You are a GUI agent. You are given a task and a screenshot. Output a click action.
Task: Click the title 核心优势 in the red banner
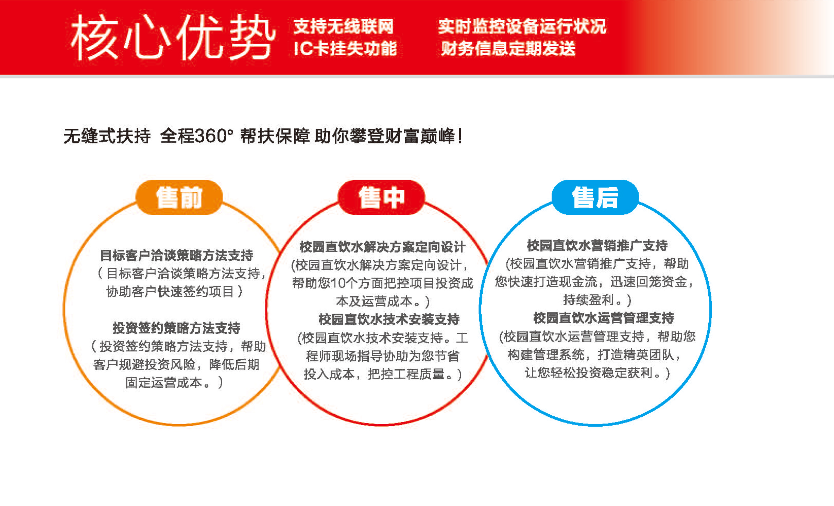click(173, 37)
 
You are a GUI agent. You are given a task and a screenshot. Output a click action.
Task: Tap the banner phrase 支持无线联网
click(343, 26)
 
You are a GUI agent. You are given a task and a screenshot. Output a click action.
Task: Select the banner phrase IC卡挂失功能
click(345, 48)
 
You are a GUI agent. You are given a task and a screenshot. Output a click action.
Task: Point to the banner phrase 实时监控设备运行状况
click(522, 26)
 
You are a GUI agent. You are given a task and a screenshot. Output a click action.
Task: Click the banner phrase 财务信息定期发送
click(508, 48)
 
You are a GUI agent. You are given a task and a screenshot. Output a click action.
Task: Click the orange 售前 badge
click(179, 198)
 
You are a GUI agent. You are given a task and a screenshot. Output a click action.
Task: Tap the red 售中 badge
click(381, 198)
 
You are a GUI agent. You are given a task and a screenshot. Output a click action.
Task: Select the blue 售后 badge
click(595, 198)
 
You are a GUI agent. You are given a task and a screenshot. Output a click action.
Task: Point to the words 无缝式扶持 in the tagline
click(107, 136)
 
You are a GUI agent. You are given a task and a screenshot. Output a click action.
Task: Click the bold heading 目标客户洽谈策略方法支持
click(176, 255)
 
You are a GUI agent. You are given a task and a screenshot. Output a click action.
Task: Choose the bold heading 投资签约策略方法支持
click(176, 328)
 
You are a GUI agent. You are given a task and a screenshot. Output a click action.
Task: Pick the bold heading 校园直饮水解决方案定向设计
click(382, 247)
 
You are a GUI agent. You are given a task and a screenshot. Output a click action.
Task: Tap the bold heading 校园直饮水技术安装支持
click(389, 319)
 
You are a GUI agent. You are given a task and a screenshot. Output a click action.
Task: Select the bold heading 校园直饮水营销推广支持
click(597, 245)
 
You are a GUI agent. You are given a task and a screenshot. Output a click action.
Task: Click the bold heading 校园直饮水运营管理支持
click(604, 318)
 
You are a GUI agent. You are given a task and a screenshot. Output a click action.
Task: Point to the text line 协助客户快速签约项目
click(170, 292)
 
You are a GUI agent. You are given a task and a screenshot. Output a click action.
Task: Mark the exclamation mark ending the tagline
click(460, 136)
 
